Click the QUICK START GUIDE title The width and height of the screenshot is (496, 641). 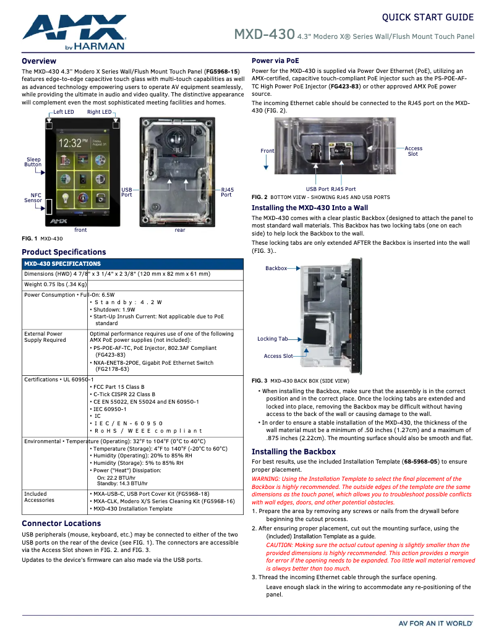click(x=427, y=17)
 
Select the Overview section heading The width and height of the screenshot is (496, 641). click(x=39, y=61)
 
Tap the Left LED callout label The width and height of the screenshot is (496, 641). click(x=63, y=112)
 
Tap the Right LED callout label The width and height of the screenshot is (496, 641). click(x=99, y=112)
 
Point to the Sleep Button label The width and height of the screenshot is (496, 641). click(x=33, y=162)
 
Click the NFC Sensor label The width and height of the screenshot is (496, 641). click(x=33, y=197)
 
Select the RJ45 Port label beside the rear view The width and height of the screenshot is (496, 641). click(x=227, y=192)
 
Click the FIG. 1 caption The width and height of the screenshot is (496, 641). click(x=42, y=239)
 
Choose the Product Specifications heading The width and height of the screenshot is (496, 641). click(x=64, y=252)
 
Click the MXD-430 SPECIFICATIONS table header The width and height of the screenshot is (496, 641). click(x=62, y=264)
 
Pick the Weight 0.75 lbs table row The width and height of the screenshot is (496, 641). click(x=56, y=284)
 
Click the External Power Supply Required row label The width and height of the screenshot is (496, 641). click(x=45, y=337)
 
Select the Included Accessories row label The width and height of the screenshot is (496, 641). click(x=39, y=497)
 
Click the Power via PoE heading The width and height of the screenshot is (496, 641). click(x=275, y=61)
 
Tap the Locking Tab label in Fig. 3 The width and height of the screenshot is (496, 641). click(x=272, y=339)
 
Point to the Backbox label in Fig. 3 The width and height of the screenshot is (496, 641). click(x=276, y=268)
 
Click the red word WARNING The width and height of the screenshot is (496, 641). click(x=267, y=479)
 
